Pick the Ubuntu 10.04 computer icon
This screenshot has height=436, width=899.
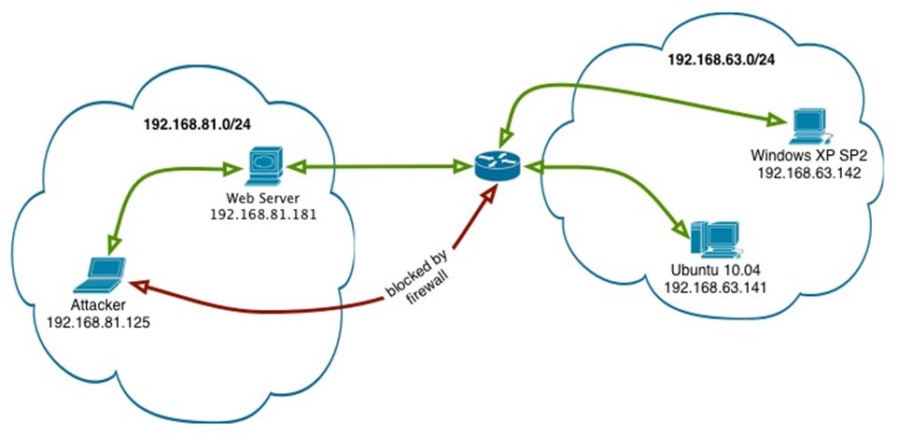pyautogui.click(x=715, y=240)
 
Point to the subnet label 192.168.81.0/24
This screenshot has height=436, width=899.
pyautogui.click(x=195, y=123)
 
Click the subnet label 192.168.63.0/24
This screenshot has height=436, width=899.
pyautogui.click(x=721, y=58)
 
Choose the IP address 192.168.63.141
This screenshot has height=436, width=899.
pyautogui.click(x=715, y=288)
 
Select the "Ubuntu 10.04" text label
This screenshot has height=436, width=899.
pyautogui.click(x=715, y=271)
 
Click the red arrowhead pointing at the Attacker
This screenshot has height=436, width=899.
pyautogui.click(x=135, y=283)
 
